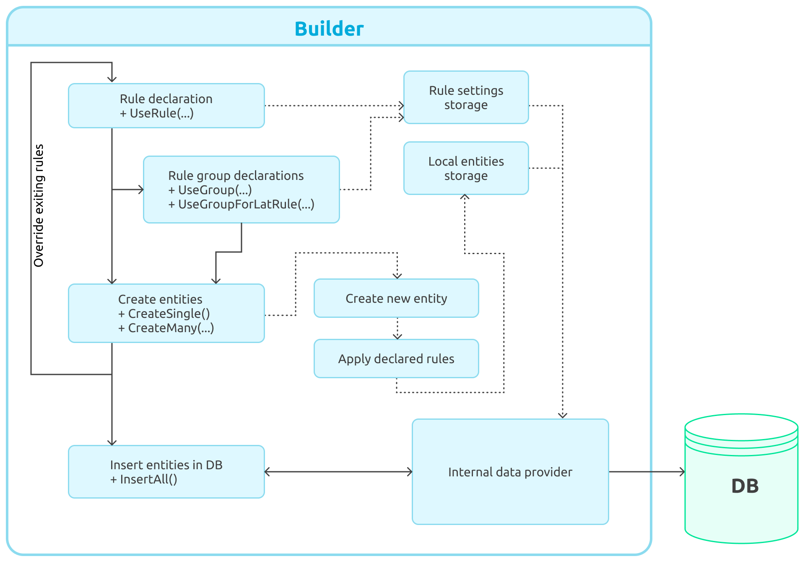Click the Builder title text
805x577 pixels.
[329, 29]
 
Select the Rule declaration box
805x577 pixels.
[166, 105]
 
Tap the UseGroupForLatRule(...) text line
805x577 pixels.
[241, 204]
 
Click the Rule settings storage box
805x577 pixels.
[466, 97]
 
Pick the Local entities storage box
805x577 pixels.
[466, 168]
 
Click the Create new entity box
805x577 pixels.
[396, 298]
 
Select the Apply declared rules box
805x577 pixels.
[396, 359]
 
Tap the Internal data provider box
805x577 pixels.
[510, 472]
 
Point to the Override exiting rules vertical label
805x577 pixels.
[39, 205]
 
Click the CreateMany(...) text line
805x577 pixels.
[166, 328]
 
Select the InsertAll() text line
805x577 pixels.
[144, 479]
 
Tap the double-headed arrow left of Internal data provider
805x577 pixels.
[338, 472]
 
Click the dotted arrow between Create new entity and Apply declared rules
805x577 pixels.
[397, 328]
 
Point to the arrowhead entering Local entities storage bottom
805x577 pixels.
[465, 197]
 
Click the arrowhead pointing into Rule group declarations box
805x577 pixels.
[140, 190]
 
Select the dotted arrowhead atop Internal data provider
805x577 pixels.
[563, 415]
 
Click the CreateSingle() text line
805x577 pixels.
[164, 314]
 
